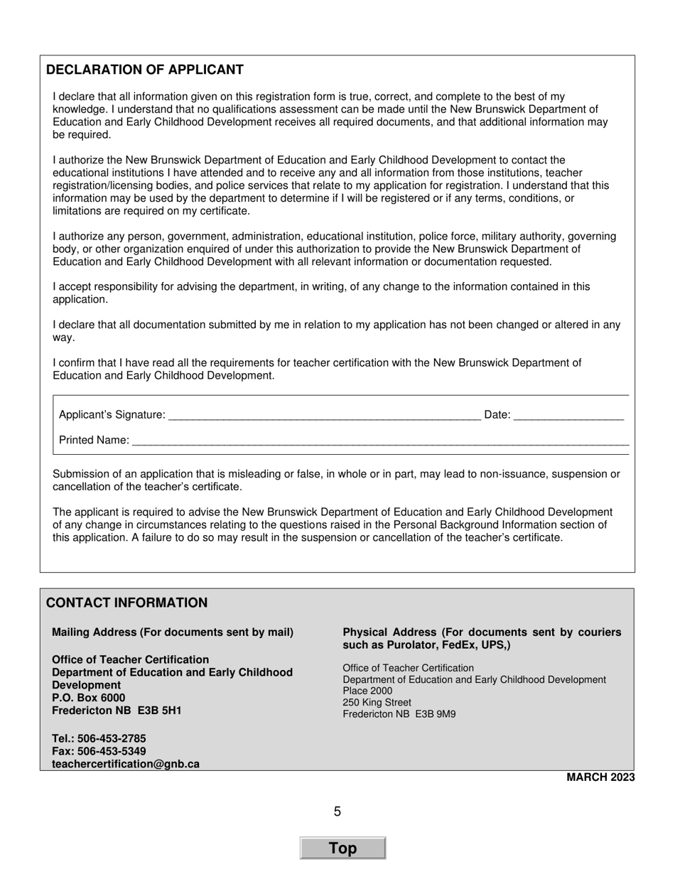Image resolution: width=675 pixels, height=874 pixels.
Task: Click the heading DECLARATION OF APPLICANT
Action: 145,70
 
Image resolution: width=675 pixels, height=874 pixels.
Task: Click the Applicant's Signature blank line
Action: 325,415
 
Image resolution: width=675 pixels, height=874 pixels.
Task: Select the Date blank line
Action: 568,415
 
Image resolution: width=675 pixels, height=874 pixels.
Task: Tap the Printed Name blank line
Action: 380,441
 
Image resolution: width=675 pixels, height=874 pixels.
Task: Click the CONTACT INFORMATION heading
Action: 127,603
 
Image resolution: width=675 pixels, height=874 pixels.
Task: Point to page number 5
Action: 337,811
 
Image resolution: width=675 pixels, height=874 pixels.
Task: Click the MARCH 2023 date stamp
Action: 600,777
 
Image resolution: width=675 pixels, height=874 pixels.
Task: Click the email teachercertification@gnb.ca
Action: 126,765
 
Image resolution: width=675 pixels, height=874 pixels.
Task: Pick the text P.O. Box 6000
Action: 89,698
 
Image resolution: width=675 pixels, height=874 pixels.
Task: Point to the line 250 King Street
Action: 377,703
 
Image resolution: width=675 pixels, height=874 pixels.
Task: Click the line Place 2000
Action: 367,691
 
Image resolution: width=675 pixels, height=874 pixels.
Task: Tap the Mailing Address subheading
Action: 173,632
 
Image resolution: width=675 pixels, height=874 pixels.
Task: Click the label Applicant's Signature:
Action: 112,415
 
